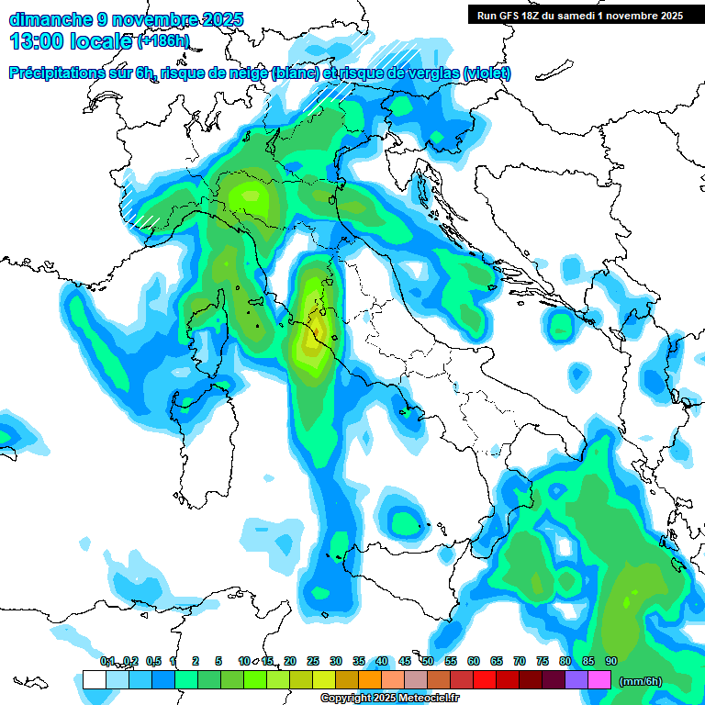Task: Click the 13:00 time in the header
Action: click(x=34, y=40)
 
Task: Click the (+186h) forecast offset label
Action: click(x=163, y=41)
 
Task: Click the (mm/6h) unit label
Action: click(x=641, y=681)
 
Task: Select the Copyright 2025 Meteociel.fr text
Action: click(x=390, y=699)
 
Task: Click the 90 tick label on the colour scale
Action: click(x=611, y=662)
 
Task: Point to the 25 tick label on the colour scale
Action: click(x=313, y=662)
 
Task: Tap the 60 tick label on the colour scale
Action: click(x=474, y=662)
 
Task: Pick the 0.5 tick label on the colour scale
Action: click(x=153, y=662)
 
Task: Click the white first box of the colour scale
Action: click(x=95, y=680)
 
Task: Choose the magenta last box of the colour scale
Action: click(x=599, y=680)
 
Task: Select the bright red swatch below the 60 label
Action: click(x=485, y=680)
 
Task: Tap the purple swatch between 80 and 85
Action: click(x=576, y=680)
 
